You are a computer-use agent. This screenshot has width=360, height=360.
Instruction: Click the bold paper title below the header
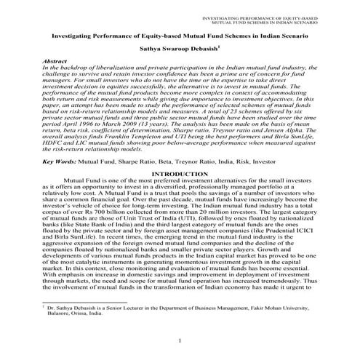tap(180, 34)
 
